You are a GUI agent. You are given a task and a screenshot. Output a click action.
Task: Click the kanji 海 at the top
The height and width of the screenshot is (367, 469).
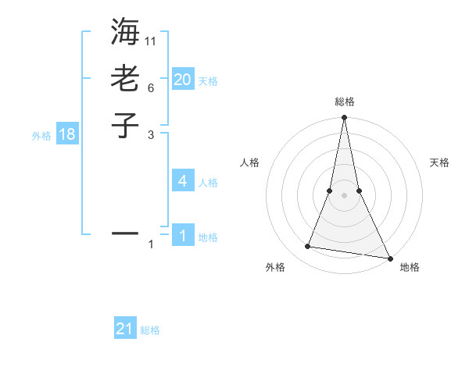coord(125,34)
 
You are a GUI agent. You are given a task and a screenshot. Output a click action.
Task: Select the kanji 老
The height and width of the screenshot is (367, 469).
coord(125,78)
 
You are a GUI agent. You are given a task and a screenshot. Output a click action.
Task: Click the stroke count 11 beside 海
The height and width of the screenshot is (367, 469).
coord(151,41)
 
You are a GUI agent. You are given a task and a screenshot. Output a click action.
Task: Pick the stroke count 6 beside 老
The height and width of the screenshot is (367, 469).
coord(150,87)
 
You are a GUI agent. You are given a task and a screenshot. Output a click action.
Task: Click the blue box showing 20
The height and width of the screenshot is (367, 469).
coord(183,79)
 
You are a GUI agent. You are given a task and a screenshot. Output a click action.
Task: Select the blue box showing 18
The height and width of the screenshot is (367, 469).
coord(67,134)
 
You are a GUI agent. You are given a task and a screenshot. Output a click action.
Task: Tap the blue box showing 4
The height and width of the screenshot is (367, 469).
coord(183,181)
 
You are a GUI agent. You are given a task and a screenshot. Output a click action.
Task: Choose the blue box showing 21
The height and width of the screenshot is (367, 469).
coord(125,329)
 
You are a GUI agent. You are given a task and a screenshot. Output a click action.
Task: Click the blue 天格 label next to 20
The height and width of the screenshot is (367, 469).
coord(208,80)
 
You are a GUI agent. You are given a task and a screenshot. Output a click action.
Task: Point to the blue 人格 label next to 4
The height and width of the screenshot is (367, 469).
coord(208,183)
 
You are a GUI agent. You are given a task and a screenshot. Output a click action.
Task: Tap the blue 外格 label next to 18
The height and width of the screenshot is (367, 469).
coord(41,136)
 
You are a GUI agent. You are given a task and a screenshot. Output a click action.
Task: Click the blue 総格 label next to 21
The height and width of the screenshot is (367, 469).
coord(150,330)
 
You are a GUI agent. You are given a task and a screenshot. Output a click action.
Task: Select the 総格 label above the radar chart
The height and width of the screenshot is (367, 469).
coord(344,102)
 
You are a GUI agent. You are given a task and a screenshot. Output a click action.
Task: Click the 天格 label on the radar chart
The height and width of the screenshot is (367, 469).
coord(440,162)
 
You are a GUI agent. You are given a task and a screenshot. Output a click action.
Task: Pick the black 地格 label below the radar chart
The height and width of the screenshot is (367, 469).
coord(410,267)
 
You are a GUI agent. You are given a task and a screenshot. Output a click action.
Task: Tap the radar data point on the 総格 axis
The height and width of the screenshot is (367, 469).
coord(344,118)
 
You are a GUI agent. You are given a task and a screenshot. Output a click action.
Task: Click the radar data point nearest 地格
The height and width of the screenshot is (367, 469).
coord(389,258)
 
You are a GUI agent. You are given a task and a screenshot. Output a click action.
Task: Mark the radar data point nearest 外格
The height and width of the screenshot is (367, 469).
coord(308,247)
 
